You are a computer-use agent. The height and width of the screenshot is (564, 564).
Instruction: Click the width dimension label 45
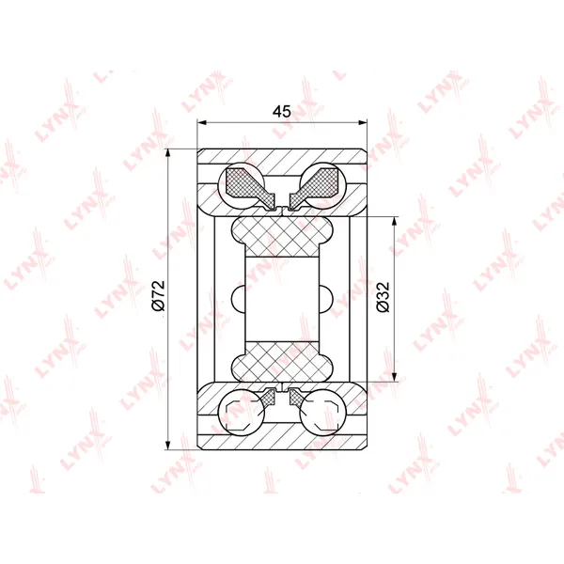pyautogui.click(x=282, y=112)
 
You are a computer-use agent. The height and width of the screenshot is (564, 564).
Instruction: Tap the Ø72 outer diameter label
pyautogui.click(x=159, y=295)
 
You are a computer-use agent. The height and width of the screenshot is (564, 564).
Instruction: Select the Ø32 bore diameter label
pyautogui.click(x=383, y=297)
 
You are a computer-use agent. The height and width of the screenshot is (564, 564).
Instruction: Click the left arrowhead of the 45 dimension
pyautogui.click(x=201, y=122)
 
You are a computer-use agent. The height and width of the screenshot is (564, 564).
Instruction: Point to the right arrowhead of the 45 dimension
pyautogui.click(x=363, y=122)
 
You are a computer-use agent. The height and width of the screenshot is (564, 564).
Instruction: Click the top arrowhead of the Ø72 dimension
pyautogui.click(x=167, y=153)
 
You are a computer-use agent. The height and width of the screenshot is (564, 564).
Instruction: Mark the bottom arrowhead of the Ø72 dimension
pyautogui.click(x=167, y=445)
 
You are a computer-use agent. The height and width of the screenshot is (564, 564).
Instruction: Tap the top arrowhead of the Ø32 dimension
pyautogui.click(x=395, y=221)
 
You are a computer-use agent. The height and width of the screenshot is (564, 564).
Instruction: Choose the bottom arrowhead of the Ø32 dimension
pyautogui.click(x=395, y=377)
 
